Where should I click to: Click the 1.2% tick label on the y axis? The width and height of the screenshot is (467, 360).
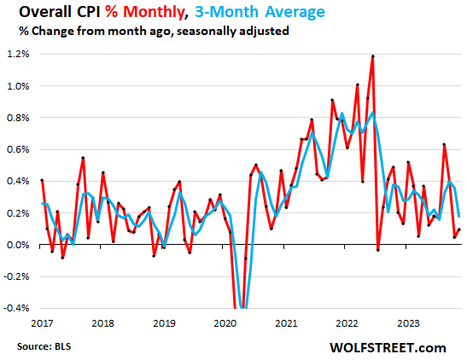pyautogui.click(x=20, y=54)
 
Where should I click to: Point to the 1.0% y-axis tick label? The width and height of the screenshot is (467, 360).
pyautogui.click(x=20, y=86)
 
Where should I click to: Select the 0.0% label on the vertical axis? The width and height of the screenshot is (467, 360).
pyautogui.click(x=20, y=245)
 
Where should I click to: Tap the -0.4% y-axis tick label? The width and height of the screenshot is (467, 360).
pyautogui.click(x=18, y=308)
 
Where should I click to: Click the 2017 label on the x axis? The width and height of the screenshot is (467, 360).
pyautogui.click(x=42, y=324)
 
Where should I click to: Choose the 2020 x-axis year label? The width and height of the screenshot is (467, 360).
pyautogui.click(x=225, y=324)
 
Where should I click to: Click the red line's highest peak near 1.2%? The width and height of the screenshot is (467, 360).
pyautogui.click(x=373, y=56)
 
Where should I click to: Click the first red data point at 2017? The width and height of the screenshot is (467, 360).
pyautogui.click(x=42, y=180)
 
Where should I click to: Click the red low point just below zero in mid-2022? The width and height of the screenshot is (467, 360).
pyautogui.click(x=378, y=249)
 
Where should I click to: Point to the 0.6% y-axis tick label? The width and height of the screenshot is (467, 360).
pyautogui.click(x=20, y=149)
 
